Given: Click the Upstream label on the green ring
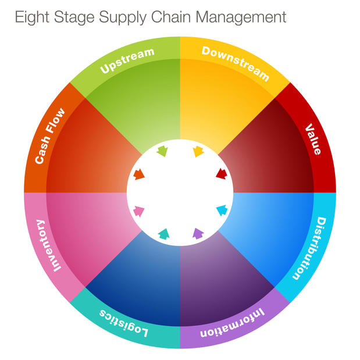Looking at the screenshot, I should [x=127, y=60].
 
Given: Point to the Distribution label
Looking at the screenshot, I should [x=309, y=248].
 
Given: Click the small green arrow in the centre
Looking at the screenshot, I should [x=162, y=152].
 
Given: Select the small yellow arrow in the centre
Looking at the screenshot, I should [x=198, y=152].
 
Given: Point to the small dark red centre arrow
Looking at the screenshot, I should [x=221, y=173].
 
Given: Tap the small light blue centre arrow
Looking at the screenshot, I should [x=222, y=210].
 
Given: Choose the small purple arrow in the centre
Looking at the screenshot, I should [x=198, y=234].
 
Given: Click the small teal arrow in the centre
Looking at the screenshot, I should [x=163, y=234].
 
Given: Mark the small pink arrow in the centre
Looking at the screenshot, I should [x=139, y=211].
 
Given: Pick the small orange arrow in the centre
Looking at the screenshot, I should [x=138, y=174].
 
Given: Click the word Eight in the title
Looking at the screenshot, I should [x=31, y=17].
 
